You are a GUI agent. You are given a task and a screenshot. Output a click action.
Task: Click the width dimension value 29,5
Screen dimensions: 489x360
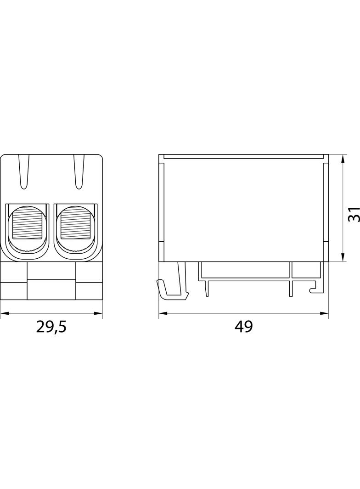coord(51,327)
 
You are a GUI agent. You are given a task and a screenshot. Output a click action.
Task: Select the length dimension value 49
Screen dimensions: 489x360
coord(243,327)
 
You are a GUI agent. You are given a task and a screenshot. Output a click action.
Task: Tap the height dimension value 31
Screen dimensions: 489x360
coord(353,214)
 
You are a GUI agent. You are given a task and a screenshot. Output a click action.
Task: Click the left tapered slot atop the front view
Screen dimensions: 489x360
coord(24,172)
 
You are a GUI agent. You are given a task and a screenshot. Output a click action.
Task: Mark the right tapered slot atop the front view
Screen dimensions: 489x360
coord(79,172)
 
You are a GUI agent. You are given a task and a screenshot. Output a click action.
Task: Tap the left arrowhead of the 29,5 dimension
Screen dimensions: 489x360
coord(4,314)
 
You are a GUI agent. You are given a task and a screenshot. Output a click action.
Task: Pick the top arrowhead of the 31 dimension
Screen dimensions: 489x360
coord(343,159)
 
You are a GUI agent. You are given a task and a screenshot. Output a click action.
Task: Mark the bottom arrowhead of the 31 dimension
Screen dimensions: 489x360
coord(343,258)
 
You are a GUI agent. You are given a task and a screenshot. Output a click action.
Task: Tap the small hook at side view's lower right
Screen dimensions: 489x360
coord(314,289)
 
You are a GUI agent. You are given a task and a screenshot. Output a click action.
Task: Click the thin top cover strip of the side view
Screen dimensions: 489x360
coord(243,157)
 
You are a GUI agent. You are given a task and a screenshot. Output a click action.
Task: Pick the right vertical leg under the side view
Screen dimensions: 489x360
coord(290,287)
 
